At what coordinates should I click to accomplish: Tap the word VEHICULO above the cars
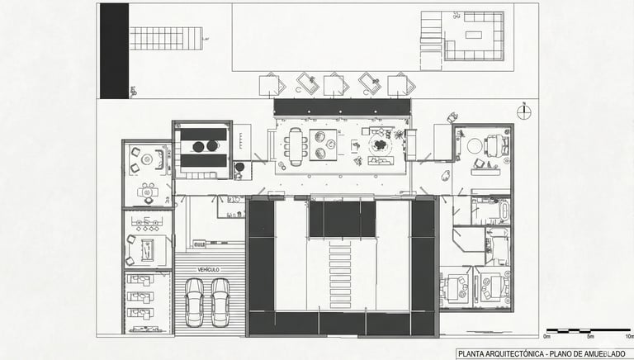208,270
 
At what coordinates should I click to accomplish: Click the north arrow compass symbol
523,111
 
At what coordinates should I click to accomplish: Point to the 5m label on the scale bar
589,337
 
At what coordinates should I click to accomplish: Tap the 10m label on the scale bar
628,337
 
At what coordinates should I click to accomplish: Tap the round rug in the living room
381,144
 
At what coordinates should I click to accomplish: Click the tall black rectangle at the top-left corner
115,50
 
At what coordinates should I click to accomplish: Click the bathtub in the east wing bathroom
491,211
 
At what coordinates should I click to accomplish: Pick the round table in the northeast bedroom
474,145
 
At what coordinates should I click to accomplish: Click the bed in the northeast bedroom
497,146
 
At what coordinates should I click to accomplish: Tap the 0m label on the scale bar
547,337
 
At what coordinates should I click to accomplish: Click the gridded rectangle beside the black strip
165,38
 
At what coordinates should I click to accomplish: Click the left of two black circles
197,146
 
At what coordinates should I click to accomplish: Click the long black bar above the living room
342,107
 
